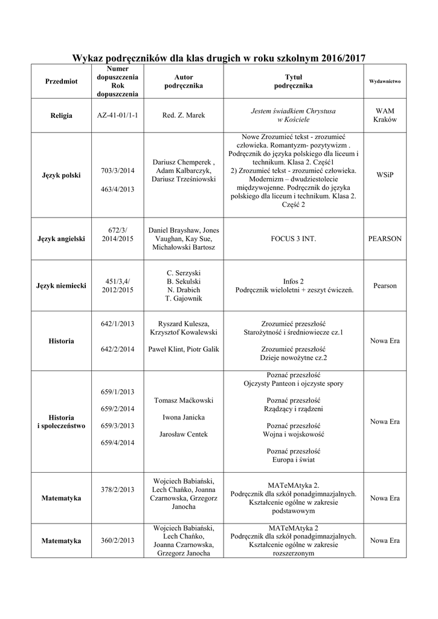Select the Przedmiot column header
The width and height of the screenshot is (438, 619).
pos(61,82)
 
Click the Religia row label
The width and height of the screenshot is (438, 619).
pos(61,115)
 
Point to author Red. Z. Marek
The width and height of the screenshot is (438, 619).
pos(184,115)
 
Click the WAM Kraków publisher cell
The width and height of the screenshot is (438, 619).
pos(385,115)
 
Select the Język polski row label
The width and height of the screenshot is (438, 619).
pos(61,175)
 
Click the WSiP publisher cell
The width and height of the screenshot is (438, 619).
pos(385,175)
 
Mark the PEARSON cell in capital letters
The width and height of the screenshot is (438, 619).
pos(385,239)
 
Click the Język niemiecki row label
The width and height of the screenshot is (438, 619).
pos(61,285)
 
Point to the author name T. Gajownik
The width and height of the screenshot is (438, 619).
pos(184,299)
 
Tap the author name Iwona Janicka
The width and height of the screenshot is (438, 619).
pos(184,417)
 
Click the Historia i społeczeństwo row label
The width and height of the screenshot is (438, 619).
pos(61,421)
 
